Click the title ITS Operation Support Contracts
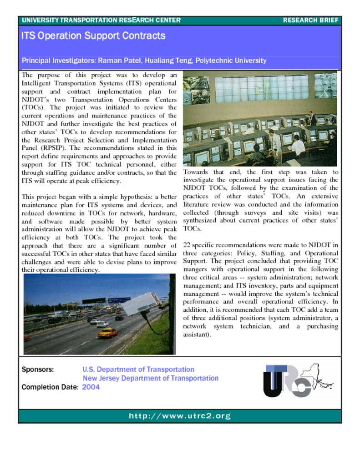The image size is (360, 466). (x=93, y=36)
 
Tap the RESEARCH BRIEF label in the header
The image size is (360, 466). (x=310, y=20)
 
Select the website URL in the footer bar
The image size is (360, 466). (x=180, y=416)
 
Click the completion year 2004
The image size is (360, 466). (x=91, y=387)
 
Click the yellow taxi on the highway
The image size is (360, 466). (x=107, y=333)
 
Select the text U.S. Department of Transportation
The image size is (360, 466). (x=138, y=370)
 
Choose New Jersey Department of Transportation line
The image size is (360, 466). (x=150, y=378)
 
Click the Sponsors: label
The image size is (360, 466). (x=38, y=370)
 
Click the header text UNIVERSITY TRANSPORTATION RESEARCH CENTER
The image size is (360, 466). (x=101, y=20)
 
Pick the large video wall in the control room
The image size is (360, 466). (x=261, y=88)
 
